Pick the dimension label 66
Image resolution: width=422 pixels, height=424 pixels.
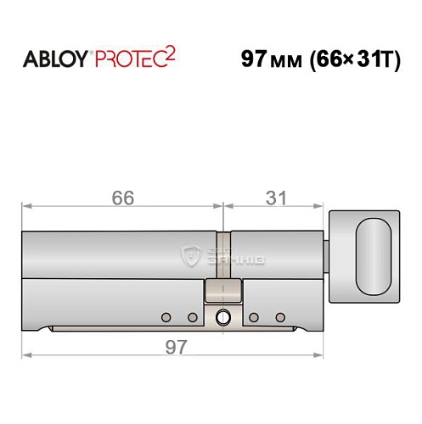(123, 198)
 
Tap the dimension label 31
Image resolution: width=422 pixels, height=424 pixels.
(274, 198)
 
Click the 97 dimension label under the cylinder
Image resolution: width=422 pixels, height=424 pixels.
(173, 347)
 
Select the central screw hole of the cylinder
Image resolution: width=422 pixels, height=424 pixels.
(222, 318)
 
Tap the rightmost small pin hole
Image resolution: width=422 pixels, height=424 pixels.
(279, 318)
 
